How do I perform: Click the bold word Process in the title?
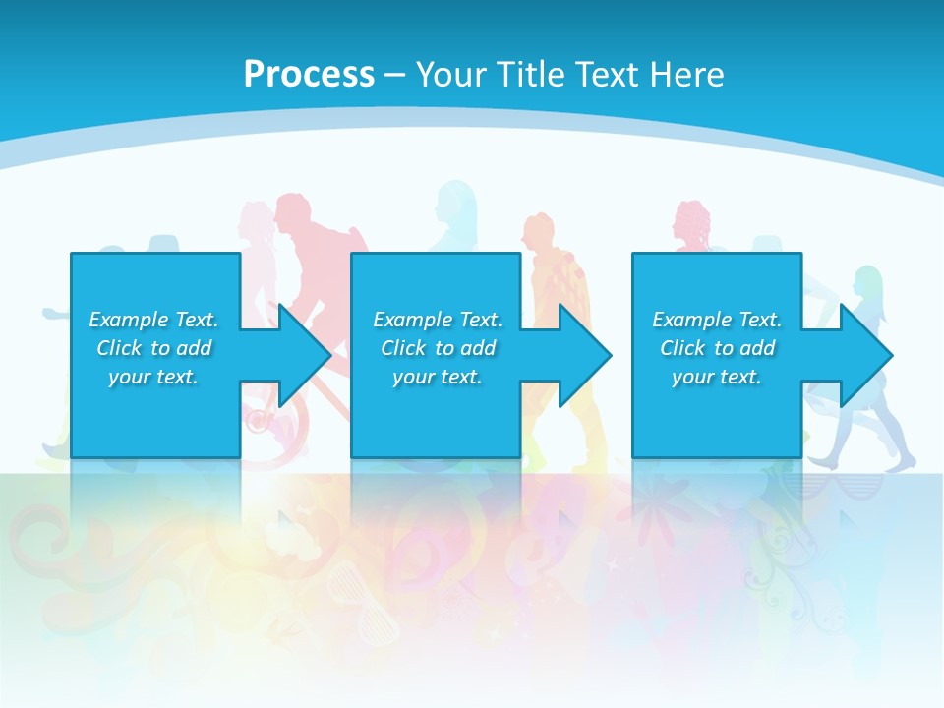[x=309, y=75]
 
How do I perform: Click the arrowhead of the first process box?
[x=305, y=355]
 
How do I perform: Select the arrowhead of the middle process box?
[x=586, y=355]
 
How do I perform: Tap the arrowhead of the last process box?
[x=866, y=355]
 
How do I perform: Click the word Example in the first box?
[x=129, y=320]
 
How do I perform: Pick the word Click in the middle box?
[x=404, y=348]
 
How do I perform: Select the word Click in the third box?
[x=683, y=348]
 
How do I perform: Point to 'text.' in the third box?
[x=739, y=377]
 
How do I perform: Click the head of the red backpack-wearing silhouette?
[x=293, y=211]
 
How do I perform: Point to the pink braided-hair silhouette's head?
[x=690, y=221]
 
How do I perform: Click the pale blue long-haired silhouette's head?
[x=457, y=202]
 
